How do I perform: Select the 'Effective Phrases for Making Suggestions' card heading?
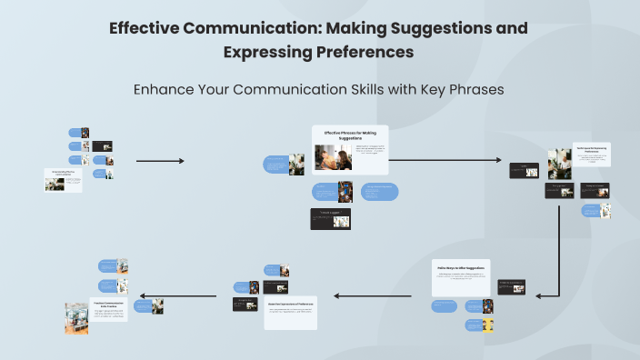[350, 135]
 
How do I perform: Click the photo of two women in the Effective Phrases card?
[327, 157]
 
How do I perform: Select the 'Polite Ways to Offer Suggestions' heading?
[460, 268]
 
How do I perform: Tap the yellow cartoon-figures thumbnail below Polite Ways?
[487, 324]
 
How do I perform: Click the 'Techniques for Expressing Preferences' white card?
[591, 155]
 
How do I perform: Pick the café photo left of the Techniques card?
[559, 163]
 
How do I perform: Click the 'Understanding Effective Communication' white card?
[64, 180]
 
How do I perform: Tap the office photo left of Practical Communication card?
[76, 317]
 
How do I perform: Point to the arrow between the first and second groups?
[159, 161]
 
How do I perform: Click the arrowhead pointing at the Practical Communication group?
[142, 295]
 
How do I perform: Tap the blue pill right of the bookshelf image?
[379, 191]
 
